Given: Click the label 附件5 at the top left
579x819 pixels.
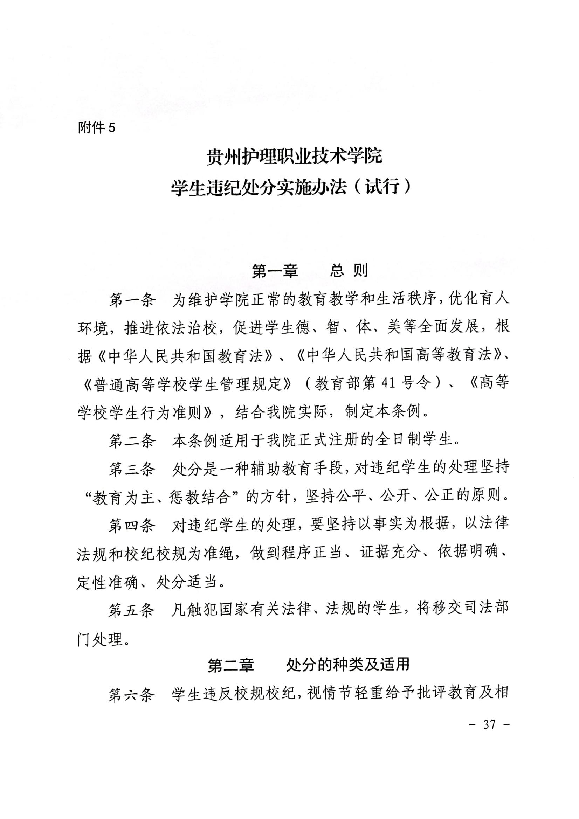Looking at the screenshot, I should (x=96, y=128).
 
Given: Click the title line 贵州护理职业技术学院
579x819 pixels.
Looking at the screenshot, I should (x=294, y=156).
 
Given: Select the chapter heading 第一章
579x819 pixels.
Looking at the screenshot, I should (x=275, y=271).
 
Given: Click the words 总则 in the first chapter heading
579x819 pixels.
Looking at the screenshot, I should (x=349, y=271).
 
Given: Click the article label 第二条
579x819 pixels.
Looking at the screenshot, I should (x=132, y=441).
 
